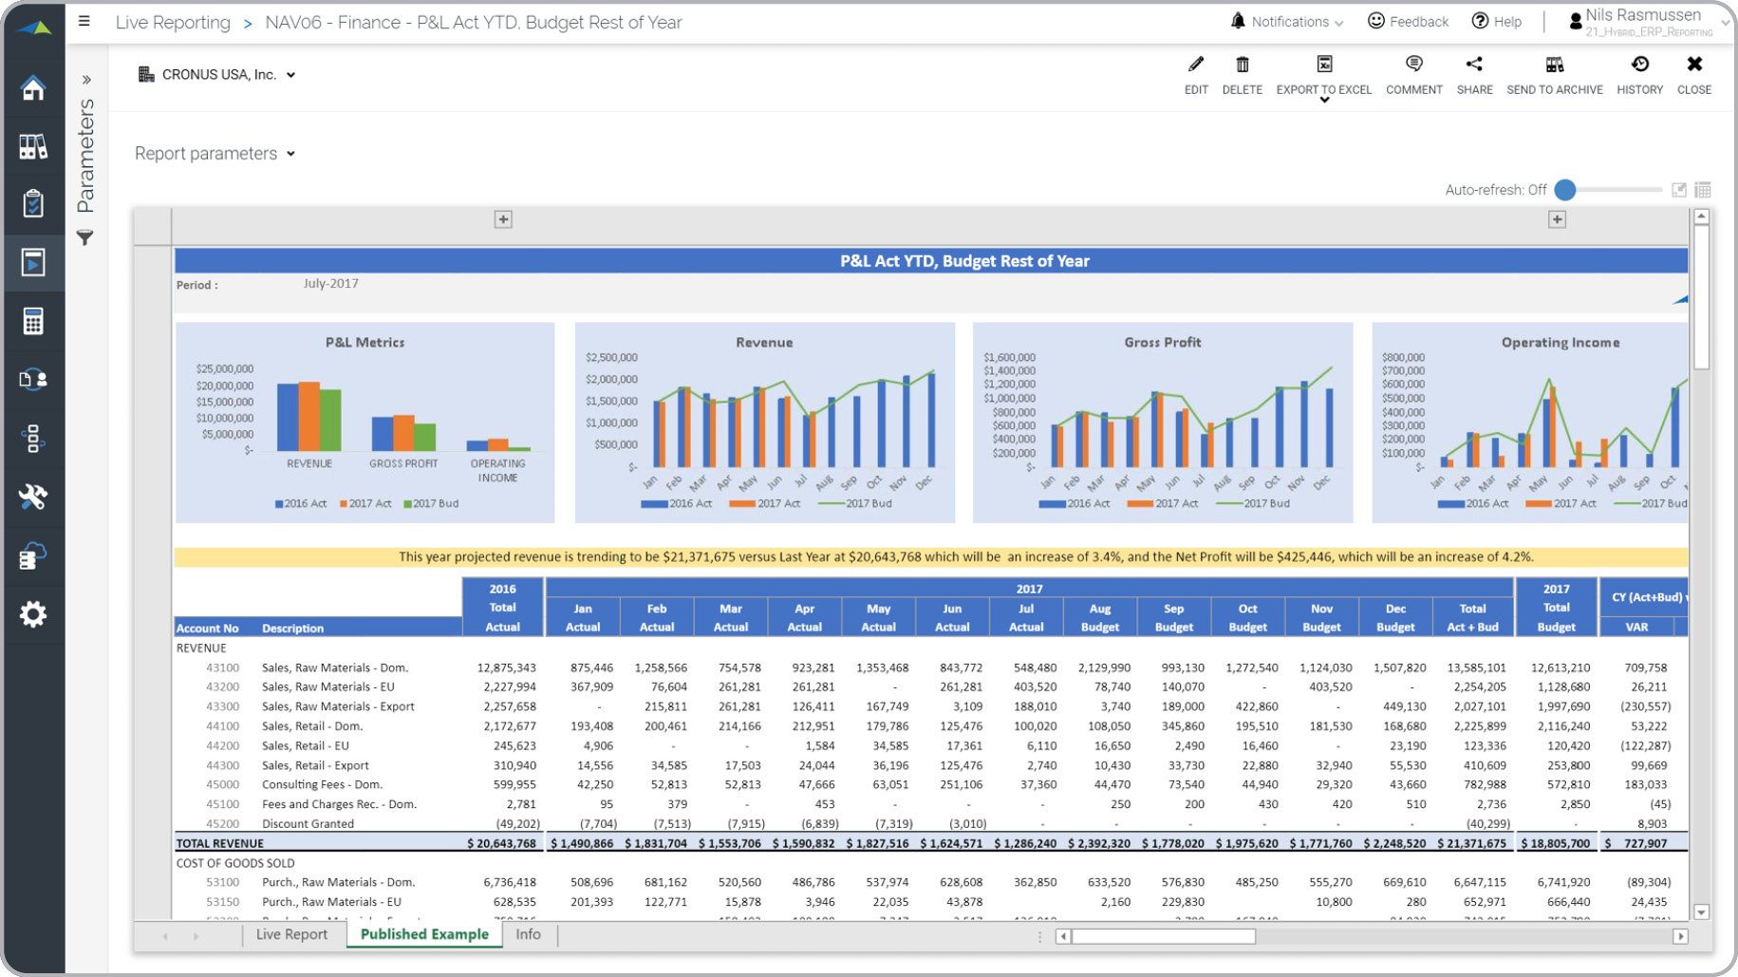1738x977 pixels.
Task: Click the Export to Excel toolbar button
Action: pos(1323,75)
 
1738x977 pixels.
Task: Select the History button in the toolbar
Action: pos(1639,75)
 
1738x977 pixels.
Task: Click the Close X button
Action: pos(1693,75)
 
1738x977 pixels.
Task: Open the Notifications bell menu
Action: pos(1286,22)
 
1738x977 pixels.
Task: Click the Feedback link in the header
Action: pos(1408,22)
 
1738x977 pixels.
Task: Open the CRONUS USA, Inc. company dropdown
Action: pos(217,75)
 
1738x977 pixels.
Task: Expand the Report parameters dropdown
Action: pos(215,154)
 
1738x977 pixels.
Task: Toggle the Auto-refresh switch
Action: pos(1566,190)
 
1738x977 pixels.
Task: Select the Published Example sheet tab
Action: pos(424,934)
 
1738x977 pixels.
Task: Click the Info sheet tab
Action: pos(528,934)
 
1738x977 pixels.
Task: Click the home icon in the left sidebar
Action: pos(33,88)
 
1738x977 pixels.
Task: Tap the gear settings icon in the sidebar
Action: pos(33,614)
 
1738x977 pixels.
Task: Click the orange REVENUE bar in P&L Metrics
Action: pos(308,416)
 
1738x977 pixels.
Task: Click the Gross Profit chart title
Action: pos(1162,343)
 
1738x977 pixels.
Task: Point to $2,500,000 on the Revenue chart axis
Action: pos(611,358)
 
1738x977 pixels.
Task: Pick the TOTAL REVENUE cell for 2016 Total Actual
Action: pos(502,843)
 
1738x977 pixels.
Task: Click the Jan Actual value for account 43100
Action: pos(591,667)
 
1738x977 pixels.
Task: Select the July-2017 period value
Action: pos(330,284)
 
